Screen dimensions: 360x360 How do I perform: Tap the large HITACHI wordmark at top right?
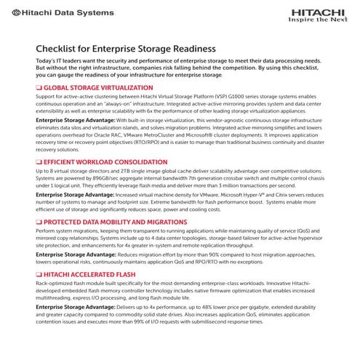click(x=318, y=11)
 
